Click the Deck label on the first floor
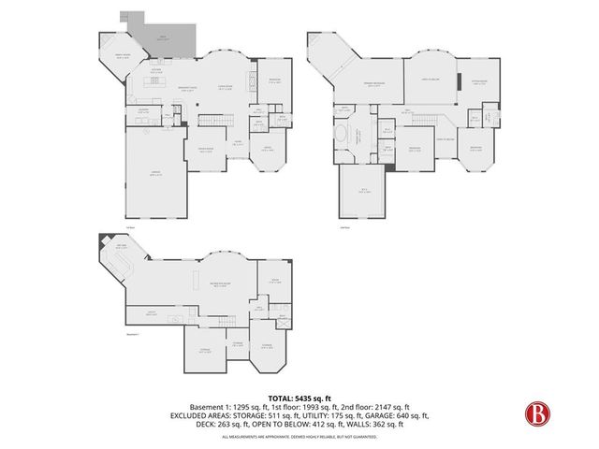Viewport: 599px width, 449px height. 164,38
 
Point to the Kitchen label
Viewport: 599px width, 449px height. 158,70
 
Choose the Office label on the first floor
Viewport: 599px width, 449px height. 267,149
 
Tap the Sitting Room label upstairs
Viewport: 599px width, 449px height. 479,83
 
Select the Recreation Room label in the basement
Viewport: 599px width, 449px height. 223,288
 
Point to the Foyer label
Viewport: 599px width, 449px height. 239,142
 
